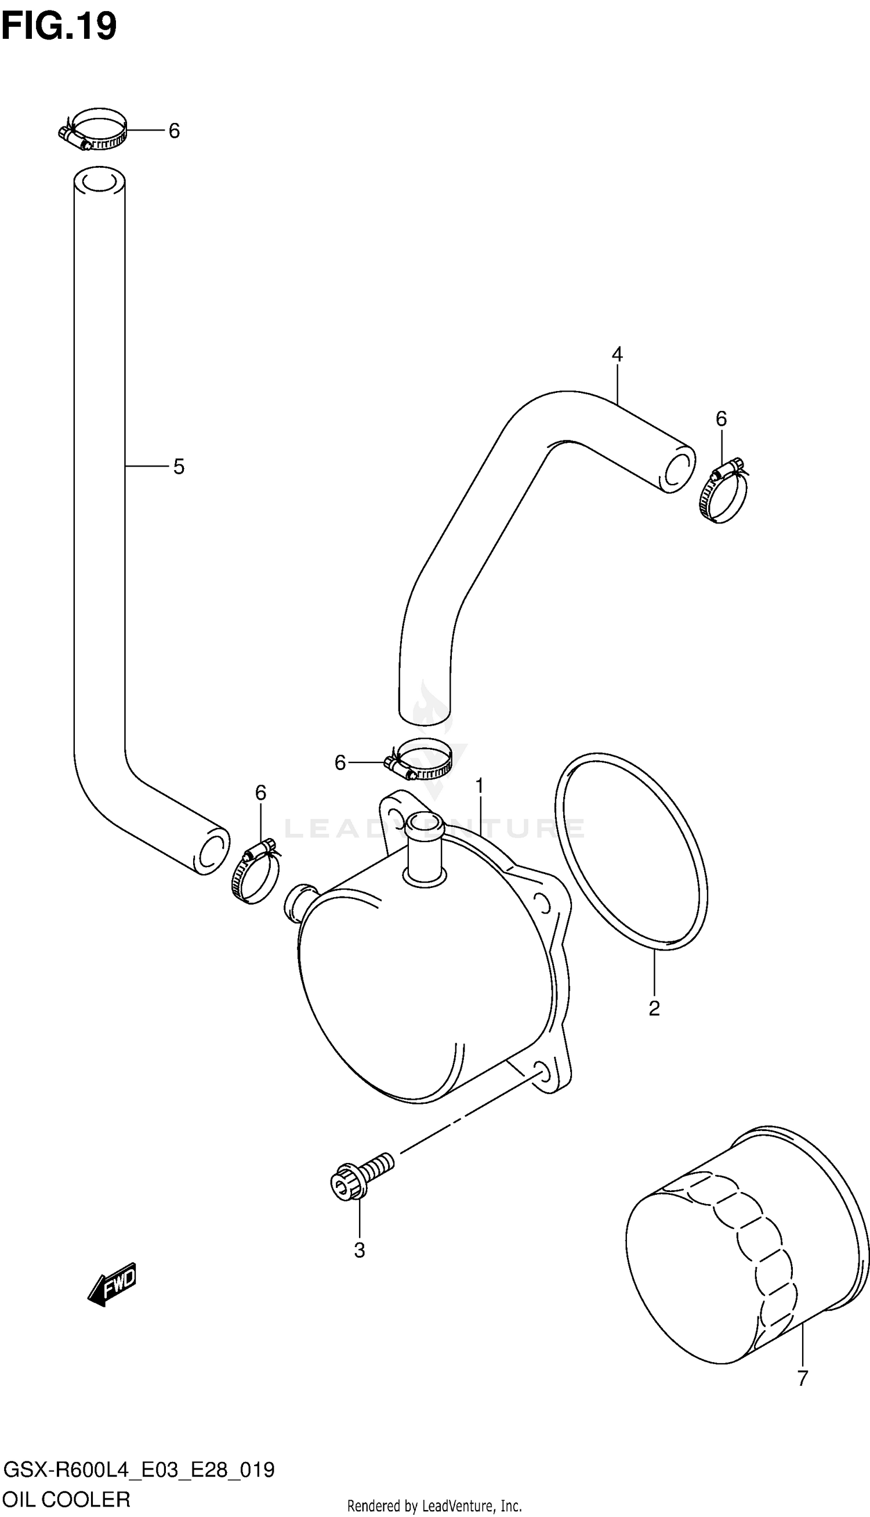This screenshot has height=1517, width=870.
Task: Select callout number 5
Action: [179, 466]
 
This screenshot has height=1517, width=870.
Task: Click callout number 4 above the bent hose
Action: [617, 355]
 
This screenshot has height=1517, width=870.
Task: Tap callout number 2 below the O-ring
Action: [654, 1009]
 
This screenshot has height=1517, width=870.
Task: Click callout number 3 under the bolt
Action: [359, 1250]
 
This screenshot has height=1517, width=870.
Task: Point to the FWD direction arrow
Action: [113, 1283]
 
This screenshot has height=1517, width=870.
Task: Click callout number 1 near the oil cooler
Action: [479, 787]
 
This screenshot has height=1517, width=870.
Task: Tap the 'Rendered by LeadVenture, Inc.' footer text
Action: [434, 1505]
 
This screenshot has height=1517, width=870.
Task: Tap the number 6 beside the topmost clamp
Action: [174, 131]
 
